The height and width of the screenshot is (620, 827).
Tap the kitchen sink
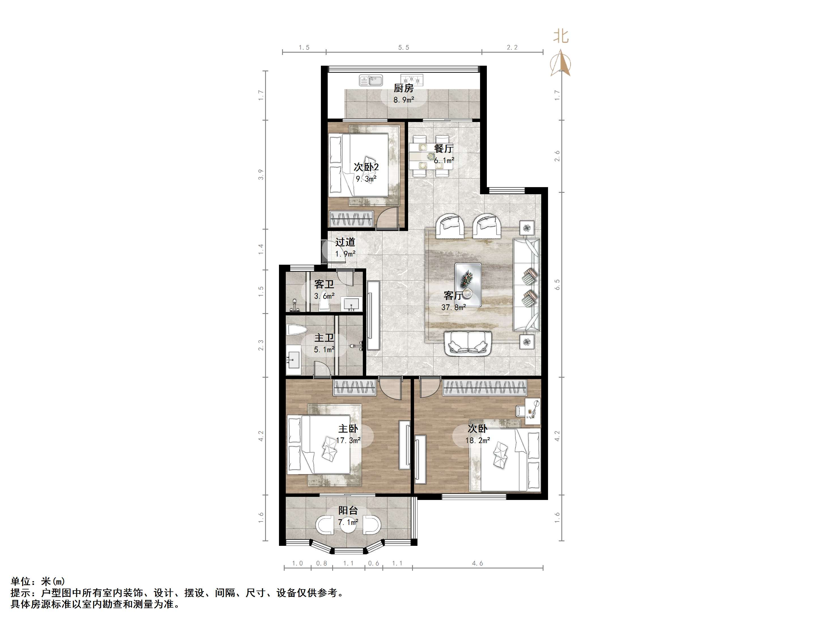(371, 80)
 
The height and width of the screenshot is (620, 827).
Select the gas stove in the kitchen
(412, 80)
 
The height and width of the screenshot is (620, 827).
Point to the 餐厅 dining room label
(444, 148)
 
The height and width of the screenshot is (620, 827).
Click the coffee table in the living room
(468, 285)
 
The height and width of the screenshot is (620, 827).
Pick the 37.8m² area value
(453, 307)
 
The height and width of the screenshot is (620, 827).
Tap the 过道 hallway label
(345, 242)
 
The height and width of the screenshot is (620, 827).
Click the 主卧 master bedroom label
(348, 429)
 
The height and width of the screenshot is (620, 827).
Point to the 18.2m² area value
(478, 440)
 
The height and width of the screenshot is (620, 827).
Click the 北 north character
(561, 36)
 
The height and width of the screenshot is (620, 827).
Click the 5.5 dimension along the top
(403, 48)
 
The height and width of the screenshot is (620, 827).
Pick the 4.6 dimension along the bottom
(478, 563)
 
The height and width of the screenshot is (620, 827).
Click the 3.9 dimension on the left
(261, 174)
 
